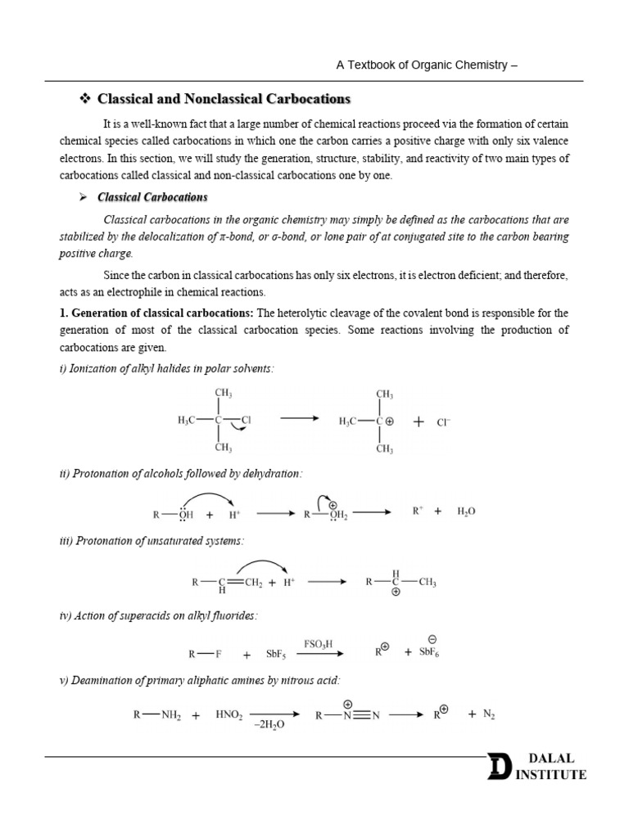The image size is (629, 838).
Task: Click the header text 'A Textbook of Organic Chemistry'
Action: point(421,65)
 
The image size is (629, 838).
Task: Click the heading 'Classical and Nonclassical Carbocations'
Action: point(223,99)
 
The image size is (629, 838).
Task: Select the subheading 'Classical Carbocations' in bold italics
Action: point(152,197)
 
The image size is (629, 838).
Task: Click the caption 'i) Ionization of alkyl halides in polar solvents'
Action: point(166,369)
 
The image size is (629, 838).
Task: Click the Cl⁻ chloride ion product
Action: point(443,422)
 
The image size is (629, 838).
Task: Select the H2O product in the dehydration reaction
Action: point(465,511)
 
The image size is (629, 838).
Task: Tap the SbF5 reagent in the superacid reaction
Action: point(275,655)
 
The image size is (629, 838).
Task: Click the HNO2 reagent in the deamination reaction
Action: point(231,714)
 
